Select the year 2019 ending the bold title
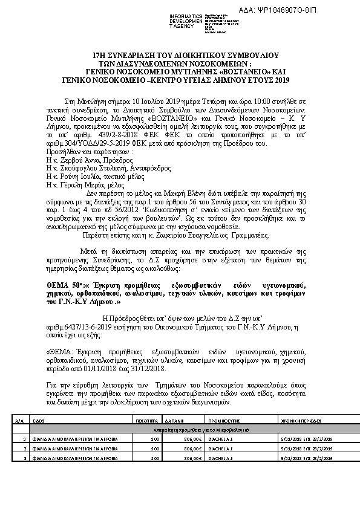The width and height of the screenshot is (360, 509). coord(280,80)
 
